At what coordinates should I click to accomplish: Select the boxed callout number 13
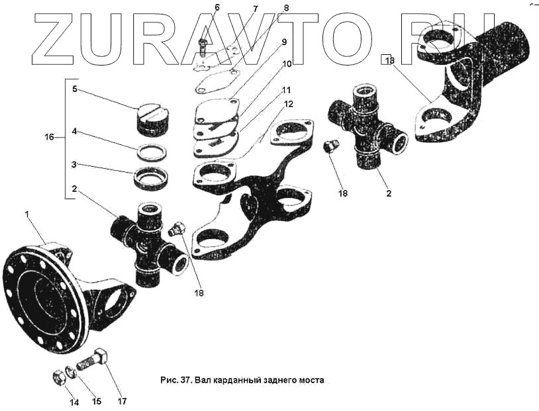tap(389, 60)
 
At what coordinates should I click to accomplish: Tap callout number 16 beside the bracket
tap(50, 138)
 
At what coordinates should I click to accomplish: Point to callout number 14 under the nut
tap(74, 402)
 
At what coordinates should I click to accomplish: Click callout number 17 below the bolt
tap(121, 401)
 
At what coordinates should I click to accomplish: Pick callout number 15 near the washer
tap(97, 401)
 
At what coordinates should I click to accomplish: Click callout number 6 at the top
tap(217, 8)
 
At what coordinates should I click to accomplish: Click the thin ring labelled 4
tap(151, 152)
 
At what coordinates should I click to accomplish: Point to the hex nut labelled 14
tap(58, 378)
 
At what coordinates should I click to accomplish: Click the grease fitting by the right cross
tap(330, 147)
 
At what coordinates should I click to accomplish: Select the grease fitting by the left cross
tap(175, 230)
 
